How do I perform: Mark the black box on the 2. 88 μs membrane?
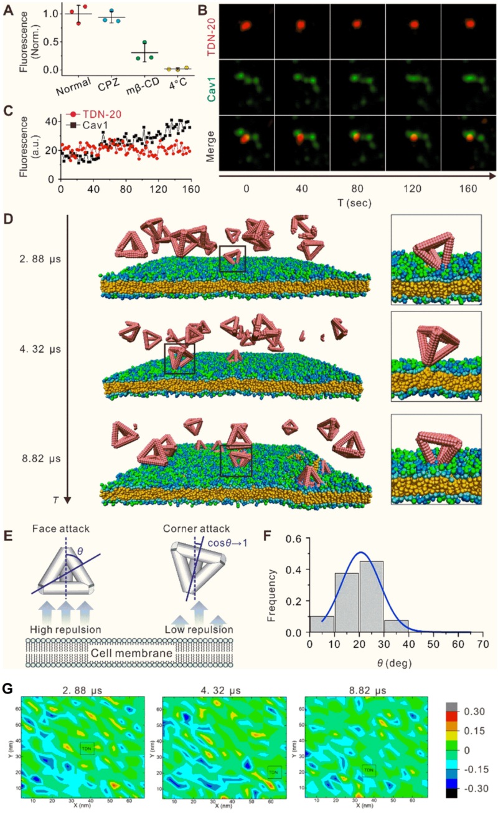pos(232,258)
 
